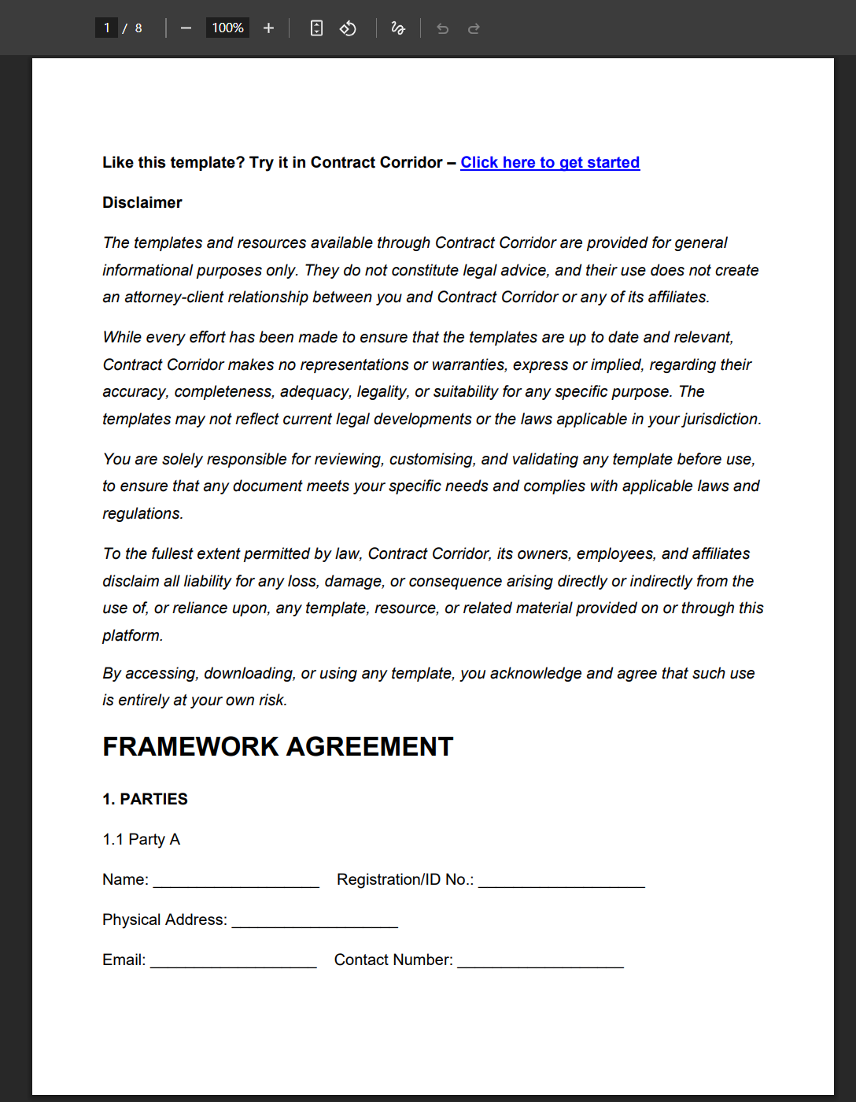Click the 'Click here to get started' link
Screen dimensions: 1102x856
pyautogui.click(x=550, y=163)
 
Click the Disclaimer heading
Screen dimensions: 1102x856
pyautogui.click(x=142, y=203)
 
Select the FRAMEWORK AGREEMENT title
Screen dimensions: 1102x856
pyautogui.click(x=278, y=746)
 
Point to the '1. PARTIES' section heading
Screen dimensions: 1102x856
pyautogui.click(x=145, y=799)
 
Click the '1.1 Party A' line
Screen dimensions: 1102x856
pyautogui.click(x=142, y=839)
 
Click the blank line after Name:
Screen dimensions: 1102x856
pyautogui.click(x=236, y=882)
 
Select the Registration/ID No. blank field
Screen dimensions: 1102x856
pyautogui.click(x=561, y=882)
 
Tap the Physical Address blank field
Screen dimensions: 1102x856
pyautogui.click(x=315, y=922)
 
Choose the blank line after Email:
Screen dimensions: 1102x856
pyautogui.click(x=233, y=962)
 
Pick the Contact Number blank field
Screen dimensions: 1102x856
pyautogui.click(x=541, y=962)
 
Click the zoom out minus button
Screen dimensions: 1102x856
pyautogui.click(x=186, y=28)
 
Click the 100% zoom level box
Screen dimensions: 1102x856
pyautogui.click(x=227, y=28)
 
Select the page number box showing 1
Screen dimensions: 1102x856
pyautogui.click(x=107, y=28)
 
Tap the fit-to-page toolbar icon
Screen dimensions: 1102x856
pyautogui.click(x=316, y=28)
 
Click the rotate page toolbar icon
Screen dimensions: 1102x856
pyautogui.click(x=348, y=28)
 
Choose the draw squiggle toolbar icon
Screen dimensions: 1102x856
pyautogui.click(x=398, y=28)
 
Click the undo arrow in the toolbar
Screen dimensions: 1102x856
pyautogui.click(x=443, y=29)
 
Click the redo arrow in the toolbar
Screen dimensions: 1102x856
pyautogui.click(x=474, y=29)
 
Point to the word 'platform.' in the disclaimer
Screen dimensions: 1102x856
pyautogui.click(x=133, y=635)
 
